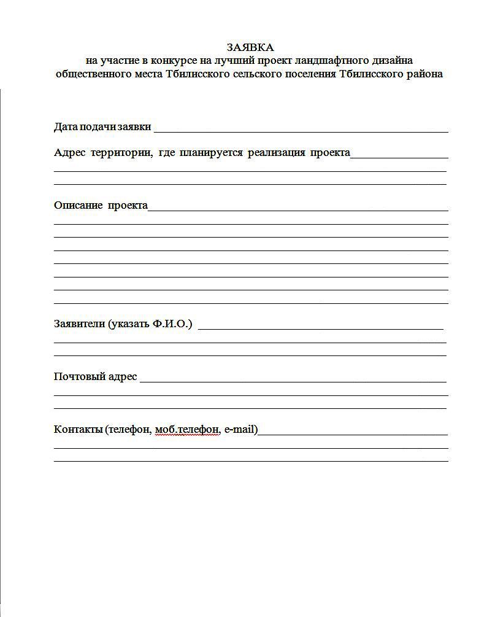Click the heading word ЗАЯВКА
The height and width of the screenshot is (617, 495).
250,47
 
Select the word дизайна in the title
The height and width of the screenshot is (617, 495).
391,60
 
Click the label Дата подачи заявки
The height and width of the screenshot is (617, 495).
102,127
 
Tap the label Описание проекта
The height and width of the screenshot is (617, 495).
101,205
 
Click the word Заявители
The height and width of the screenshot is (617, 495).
79,324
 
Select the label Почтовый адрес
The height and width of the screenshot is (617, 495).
96,376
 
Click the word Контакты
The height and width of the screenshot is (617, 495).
78,429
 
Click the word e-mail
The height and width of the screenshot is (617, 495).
239,429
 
